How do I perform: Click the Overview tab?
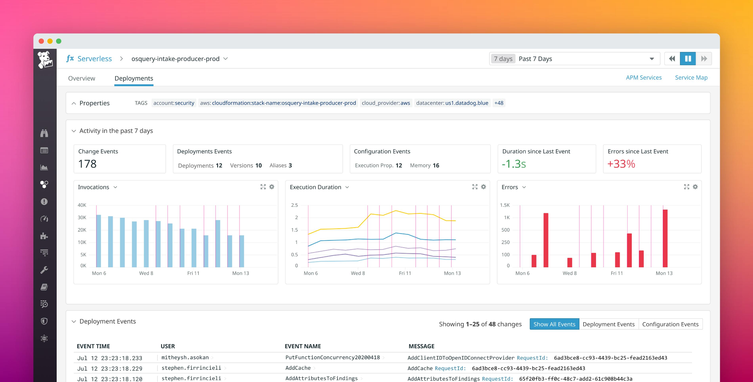(82, 78)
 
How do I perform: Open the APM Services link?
(643, 78)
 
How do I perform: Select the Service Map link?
(691, 78)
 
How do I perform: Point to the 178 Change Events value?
(87, 164)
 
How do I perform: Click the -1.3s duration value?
(514, 164)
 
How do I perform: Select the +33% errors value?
(621, 164)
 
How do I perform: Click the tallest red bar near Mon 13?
(665, 238)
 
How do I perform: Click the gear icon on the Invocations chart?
(272, 187)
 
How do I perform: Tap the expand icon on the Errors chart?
(687, 187)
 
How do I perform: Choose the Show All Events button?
(554, 324)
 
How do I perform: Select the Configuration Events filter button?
(670, 324)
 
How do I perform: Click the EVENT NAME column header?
(303, 346)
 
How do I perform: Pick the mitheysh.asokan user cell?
(185, 357)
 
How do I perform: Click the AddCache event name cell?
(298, 368)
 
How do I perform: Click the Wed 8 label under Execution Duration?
(358, 273)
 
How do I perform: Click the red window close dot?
(41, 41)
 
